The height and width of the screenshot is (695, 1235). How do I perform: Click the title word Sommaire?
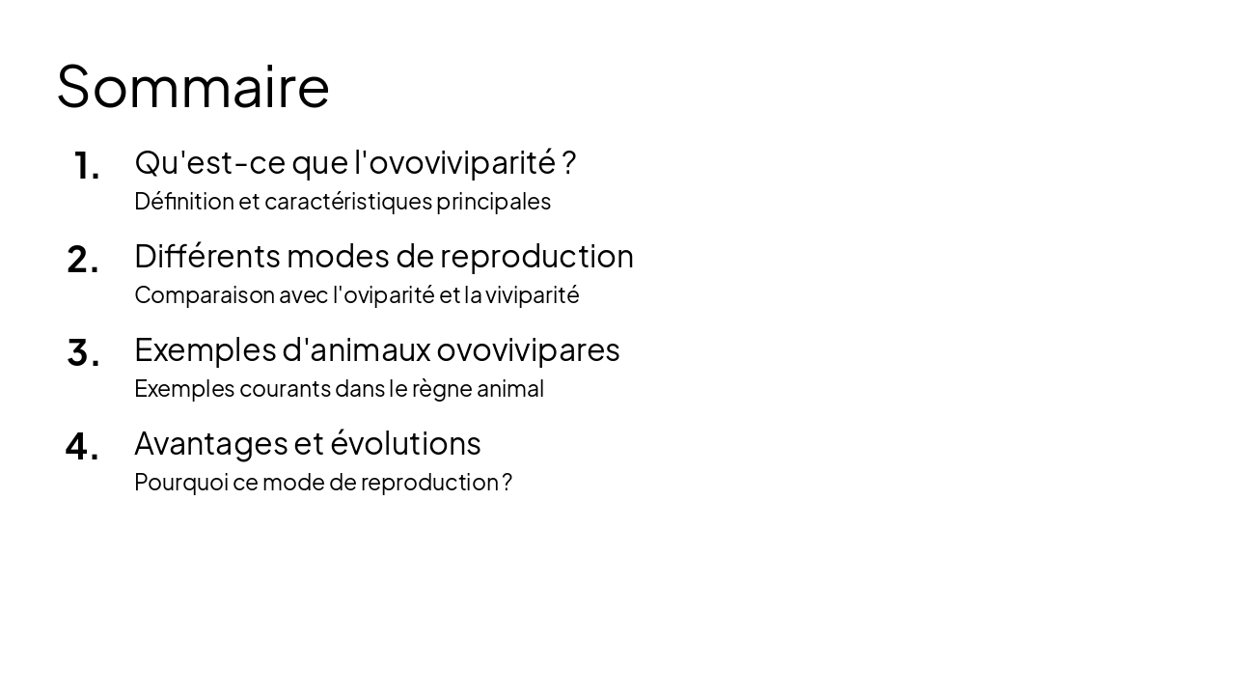click(193, 87)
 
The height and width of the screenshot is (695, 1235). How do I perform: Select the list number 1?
click(86, 166)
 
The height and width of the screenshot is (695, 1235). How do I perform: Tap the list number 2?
click(83, 260)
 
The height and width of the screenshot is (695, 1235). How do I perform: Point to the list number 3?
click(83, 353)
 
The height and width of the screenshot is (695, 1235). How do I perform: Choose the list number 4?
click(82, 447)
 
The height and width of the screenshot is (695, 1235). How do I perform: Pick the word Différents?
click(207, 257)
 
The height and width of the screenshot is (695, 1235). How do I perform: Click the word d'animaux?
click(356, 349)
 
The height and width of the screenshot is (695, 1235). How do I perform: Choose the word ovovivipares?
click(528, 349)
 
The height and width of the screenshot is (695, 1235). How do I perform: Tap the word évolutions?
click(405, 444)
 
